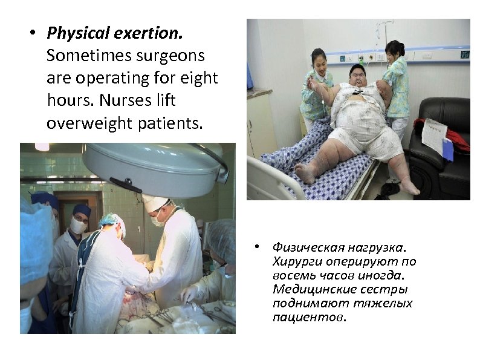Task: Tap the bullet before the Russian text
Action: click(257, 247)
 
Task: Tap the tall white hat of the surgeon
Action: click(155, 202)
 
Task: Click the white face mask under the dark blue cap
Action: click(78, 226)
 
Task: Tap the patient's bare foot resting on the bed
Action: click(306, 173)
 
